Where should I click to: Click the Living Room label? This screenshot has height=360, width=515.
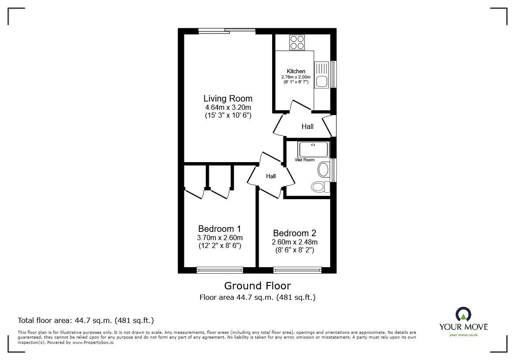pos(228,98)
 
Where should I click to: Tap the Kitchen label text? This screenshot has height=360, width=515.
pos(296,71)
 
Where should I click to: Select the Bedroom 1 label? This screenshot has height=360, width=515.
pos(219,229)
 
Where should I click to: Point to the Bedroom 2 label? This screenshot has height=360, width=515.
pos(294,233)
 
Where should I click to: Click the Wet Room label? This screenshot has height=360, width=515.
pos(304,160)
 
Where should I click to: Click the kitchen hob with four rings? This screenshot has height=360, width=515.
pos(297,42)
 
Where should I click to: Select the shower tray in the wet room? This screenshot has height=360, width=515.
pos(313,149)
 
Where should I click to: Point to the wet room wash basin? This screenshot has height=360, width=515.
pos(324,169)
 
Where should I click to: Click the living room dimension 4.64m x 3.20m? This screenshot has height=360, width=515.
pos(228,107)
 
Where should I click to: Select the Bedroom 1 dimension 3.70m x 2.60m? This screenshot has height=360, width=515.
pos(219,238)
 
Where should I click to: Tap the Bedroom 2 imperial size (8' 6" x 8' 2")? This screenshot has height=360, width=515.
pos(294,250)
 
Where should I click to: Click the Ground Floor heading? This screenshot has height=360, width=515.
pos(257,286)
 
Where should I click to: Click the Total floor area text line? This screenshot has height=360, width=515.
pos(85,320)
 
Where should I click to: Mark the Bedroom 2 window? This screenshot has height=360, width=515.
pos(297,270)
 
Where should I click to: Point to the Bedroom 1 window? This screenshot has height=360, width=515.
pos(220,270)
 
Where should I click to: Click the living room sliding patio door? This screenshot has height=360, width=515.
pos(226,31)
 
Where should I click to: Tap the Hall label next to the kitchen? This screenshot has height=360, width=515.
pos(307,127)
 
